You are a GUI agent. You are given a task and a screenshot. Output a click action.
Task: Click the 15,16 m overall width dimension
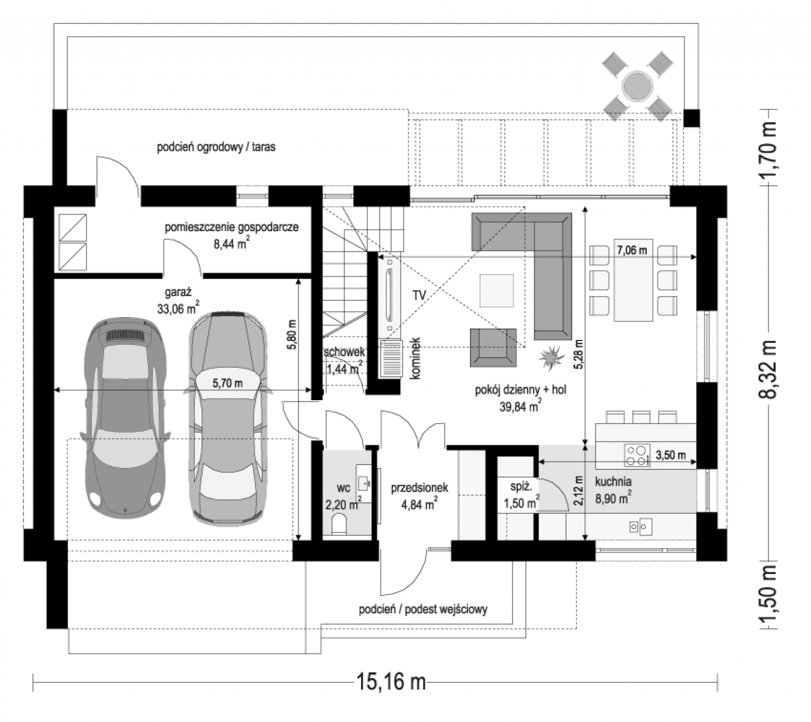[390, 681]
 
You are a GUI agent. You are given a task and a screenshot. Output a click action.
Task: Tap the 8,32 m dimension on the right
[767, 369]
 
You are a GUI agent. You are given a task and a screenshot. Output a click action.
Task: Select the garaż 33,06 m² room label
[177, 301]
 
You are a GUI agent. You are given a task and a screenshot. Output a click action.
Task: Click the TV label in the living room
[419, 295]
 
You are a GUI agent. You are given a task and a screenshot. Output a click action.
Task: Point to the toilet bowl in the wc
[339, 524]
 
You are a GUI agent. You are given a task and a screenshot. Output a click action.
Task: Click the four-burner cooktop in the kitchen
[637, 455]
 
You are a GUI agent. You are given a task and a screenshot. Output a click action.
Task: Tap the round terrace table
[637, 85]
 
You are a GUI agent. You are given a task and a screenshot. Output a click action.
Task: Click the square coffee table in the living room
[496, 291]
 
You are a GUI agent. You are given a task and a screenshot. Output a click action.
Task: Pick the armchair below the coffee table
[493, 347]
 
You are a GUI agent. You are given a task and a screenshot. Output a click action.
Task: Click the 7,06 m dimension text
[632, 250]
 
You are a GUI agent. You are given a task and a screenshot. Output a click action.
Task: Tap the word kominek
[416, 359]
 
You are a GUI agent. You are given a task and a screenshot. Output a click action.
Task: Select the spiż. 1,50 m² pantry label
[522, 495]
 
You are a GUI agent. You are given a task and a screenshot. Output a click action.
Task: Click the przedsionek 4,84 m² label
[419, 496]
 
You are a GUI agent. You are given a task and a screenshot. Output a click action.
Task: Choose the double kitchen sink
[641, 526]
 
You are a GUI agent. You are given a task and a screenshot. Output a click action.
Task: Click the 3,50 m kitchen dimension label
[670, 455]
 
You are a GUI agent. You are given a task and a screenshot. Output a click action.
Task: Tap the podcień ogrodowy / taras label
[216, 147]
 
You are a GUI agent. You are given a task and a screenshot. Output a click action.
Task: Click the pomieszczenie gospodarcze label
[232, 227]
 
